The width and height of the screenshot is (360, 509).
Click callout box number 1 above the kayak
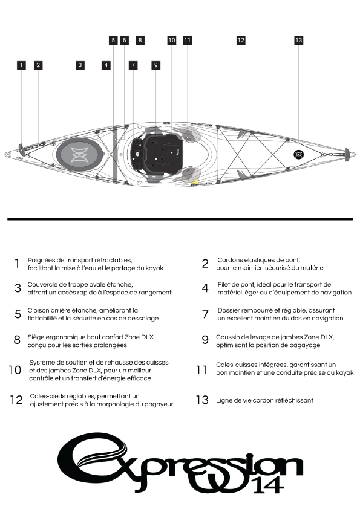21,65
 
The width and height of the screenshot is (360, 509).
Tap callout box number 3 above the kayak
80,65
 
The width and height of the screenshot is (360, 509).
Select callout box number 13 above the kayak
299,41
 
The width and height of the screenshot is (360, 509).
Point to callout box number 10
172,41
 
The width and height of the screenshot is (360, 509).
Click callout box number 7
133,65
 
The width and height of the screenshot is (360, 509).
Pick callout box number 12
241,41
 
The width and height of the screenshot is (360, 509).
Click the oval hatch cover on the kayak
80,153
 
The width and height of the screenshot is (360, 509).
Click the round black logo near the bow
299,155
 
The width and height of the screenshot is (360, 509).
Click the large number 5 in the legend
18,314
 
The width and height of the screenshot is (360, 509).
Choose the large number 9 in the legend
205,340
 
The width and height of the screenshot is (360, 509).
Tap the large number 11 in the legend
201,370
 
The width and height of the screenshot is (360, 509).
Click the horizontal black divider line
180,219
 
